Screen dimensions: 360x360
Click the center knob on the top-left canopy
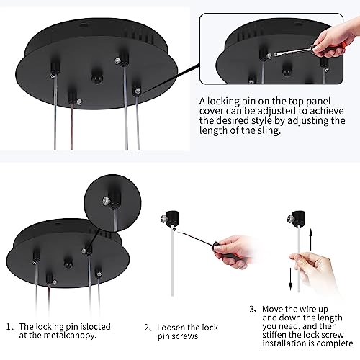(x=96, y=74)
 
